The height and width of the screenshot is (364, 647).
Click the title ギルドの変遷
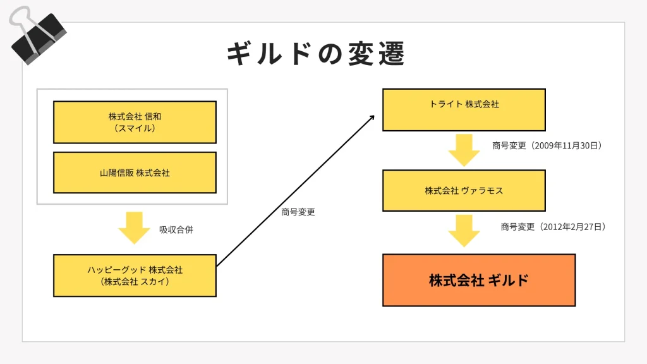click(316, 54)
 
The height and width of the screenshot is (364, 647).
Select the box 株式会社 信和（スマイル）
click(135, 122)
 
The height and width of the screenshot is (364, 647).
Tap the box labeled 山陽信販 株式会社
click(135, 173)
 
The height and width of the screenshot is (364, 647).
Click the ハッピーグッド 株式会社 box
click(135, 276)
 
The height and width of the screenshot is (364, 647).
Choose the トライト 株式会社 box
click(464, 110)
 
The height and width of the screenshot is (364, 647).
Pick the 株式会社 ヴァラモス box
click(464, 191)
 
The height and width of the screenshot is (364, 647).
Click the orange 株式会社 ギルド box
click(479, 280)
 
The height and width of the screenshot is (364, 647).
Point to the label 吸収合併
click(176, 230)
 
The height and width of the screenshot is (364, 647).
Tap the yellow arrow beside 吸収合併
click(134, 227)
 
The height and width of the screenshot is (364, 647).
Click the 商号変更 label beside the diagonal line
click(298, 212)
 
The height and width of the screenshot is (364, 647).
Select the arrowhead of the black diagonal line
click(373, 117)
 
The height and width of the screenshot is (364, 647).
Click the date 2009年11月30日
click(565, 146)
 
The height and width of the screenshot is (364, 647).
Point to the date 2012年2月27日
click(572, 227)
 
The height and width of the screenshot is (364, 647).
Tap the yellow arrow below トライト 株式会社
click(464, 150)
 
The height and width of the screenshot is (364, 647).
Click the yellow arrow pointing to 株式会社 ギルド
click(464, 231)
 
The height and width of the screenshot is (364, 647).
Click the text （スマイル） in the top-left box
click(135, 128)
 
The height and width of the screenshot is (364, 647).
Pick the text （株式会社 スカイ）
click(135, 282)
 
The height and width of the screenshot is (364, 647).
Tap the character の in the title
click(330, 54)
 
